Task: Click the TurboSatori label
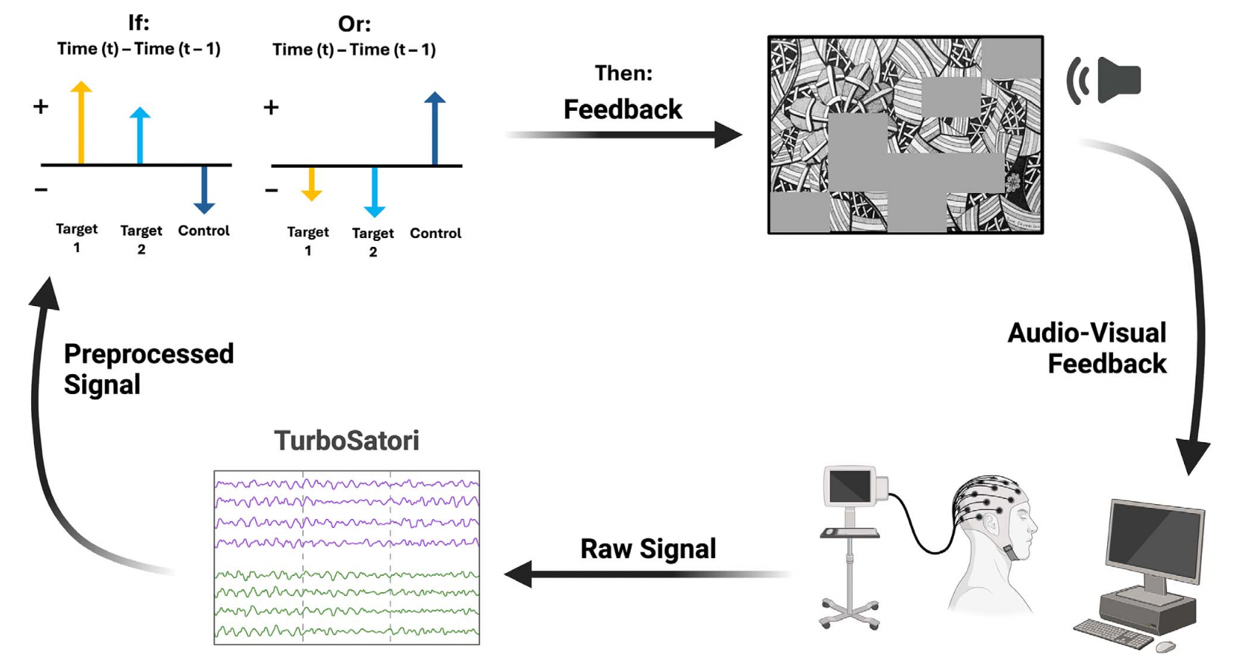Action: tap(346, 441)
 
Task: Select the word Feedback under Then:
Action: tap(623, 109)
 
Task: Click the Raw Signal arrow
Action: tap(643, 574)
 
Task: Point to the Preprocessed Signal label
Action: tap(148, 369)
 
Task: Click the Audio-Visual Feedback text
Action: tap(1087, 348)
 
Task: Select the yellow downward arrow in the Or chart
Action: tap(312, 184)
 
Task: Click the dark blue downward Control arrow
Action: tap(204, 190)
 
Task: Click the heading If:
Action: tap(138, 22)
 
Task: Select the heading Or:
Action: tap(354, 24)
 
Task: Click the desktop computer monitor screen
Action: tap(1153, 542)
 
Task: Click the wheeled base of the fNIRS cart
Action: tap(850, 614)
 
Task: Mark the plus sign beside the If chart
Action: tap(41, 106)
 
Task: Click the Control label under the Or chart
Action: tap(436, 233)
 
